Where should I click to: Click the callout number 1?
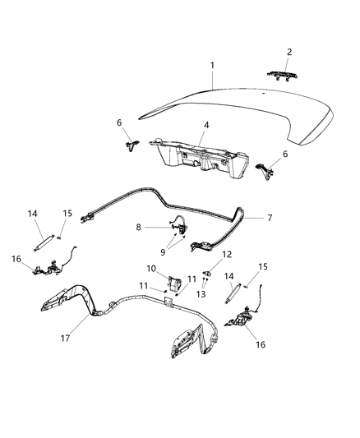[211, 65]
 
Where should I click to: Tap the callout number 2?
[288, 52]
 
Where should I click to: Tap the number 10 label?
[150, 269]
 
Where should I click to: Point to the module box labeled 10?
[173, 282]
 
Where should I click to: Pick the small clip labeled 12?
[209, 272]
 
